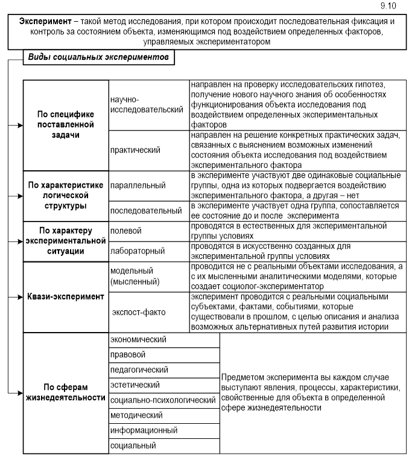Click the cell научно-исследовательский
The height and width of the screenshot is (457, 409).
coord(147,104)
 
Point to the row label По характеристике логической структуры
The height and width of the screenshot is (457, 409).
coord(65,195)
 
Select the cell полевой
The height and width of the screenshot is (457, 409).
coord(126,231)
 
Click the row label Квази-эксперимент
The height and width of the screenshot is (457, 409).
coord(65,297)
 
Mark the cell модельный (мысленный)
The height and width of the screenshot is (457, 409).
coord(135,276)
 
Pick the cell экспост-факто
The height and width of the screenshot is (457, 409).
coord(139,312)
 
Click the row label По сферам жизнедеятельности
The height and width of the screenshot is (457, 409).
coord(65,392)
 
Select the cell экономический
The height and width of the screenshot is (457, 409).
coord(138,340)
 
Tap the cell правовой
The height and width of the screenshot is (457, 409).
coord(127,355)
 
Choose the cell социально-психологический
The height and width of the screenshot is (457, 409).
coord(163,400)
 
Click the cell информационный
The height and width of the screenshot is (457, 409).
coord(144,430)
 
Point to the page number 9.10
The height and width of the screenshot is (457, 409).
coord(389,5)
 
